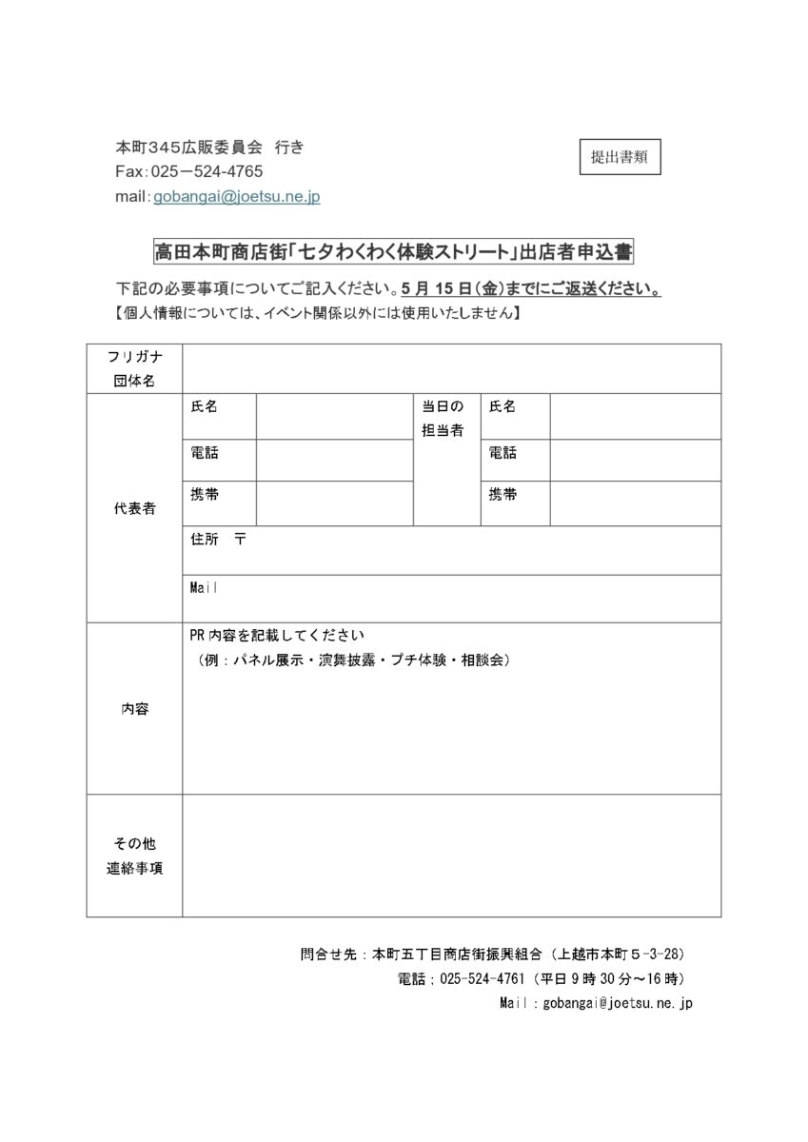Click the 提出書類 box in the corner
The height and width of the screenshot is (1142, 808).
click(619, 158)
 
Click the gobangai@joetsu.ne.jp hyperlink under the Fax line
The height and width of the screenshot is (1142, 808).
click(237, 196)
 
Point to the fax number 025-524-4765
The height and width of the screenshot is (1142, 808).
click(207, 171)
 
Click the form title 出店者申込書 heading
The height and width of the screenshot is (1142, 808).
click(393, 252)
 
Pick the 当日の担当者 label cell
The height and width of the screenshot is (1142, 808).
click(444, 418)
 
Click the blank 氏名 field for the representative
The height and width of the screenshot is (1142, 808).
click(333, 417)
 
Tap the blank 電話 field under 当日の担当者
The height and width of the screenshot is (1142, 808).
click(634, 461)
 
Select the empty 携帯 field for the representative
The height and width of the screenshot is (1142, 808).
click(333, 503)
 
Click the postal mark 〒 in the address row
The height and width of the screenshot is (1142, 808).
click(240, 539)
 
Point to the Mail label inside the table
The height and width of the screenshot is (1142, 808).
click(205, 587)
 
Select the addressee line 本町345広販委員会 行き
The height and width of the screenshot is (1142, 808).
click(209, 148)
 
